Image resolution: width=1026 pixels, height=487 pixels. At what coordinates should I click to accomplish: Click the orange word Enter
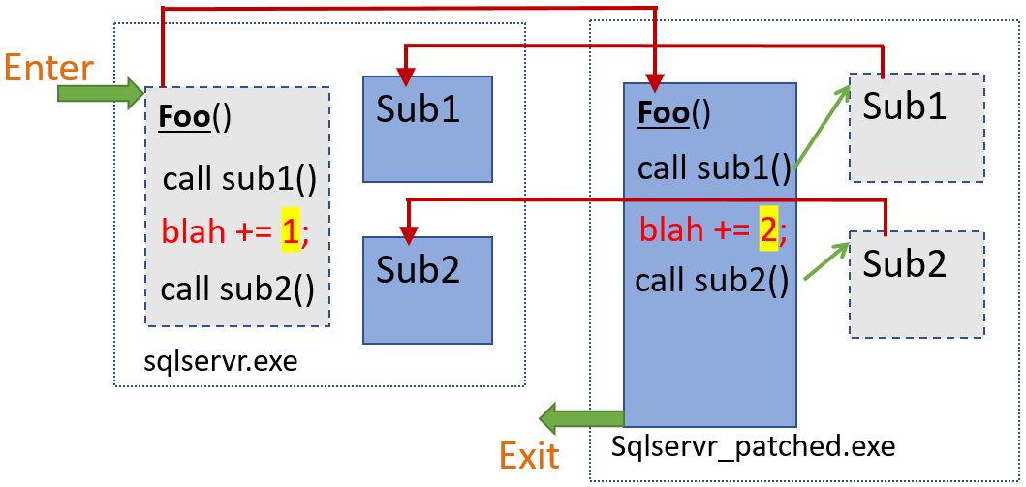pos(48,69)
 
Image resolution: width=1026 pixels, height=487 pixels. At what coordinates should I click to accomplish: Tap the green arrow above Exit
pos(580,418)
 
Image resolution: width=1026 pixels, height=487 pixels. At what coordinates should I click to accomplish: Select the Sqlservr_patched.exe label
pos(754,447)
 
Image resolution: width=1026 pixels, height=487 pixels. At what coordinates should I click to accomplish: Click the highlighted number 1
pos(289,232)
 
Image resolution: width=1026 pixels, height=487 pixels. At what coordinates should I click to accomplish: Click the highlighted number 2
pos(768,231)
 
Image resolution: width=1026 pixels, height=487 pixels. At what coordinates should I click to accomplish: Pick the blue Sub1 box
pos(427,129)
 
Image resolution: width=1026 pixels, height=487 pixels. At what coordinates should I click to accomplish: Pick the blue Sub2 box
pos(427,289)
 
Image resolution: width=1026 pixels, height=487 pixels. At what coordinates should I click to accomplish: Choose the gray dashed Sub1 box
pos(917,127)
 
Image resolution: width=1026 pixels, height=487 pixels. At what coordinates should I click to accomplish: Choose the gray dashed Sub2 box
pos(917,284)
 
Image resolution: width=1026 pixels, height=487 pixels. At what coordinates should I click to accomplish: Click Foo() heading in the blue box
pos(673,114)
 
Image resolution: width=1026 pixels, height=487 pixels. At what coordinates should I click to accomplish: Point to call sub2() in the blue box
pos(710,281)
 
